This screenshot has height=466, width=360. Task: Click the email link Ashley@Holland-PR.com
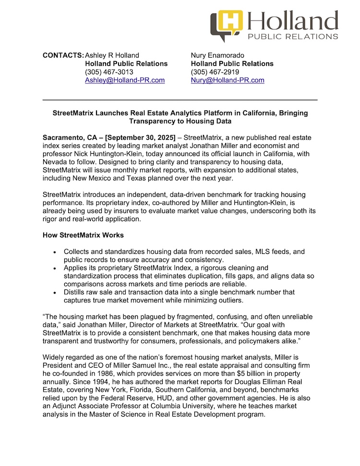point(125,80)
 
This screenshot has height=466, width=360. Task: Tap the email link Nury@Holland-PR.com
point(228,80)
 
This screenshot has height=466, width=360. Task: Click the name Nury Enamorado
point(217,55)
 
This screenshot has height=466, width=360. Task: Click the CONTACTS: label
point(63,55)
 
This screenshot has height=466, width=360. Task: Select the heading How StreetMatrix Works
point(83,235)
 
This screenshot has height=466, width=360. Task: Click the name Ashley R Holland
point(112,55)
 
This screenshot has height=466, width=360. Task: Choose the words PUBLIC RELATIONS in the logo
point(292,36)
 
